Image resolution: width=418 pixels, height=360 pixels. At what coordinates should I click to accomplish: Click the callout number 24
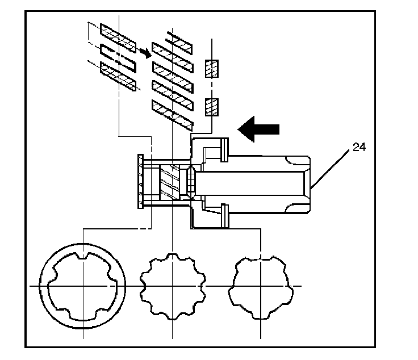point(358,147)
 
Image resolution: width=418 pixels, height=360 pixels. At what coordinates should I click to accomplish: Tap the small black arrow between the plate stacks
point(145,52)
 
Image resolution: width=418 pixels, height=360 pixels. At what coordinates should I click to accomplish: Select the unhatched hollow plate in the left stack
point(118,57)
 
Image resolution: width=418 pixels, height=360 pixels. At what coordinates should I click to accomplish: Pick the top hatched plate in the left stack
point(118,35)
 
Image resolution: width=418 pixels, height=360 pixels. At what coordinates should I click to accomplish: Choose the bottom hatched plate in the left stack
point(118,77)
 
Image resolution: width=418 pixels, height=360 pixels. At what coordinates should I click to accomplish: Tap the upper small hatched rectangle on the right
point(211,68)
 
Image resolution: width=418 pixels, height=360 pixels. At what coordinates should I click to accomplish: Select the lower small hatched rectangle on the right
point(211,106)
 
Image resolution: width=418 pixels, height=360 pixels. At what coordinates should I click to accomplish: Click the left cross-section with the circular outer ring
point(83,284)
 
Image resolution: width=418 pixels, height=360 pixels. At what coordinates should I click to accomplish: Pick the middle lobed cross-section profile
point(172,285)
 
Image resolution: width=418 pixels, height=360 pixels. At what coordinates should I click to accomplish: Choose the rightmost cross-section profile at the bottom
point(260,285)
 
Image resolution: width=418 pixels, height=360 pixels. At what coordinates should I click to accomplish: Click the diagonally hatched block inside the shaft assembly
point(172,182)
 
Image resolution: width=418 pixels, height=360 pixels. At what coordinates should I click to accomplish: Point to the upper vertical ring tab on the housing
point(225,149)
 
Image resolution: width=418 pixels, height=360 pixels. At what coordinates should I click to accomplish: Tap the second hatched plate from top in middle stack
point(173,56)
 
